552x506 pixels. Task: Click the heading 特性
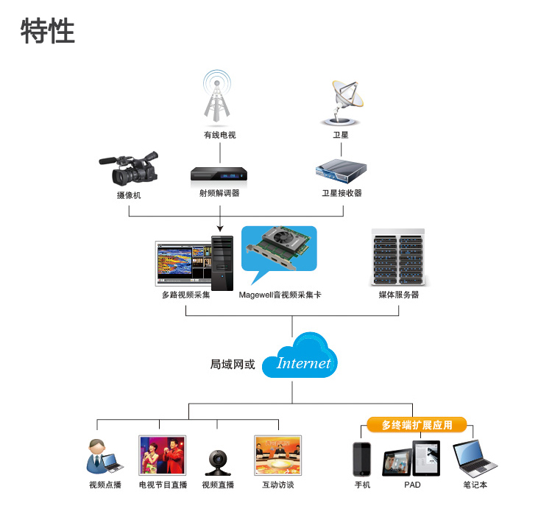click(48, 31)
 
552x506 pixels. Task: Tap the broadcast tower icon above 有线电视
click(217, 96)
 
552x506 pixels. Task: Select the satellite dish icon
click(342, 103)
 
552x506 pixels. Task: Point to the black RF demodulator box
click(219, 174)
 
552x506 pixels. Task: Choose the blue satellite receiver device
click(341, 171)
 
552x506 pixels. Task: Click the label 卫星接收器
click(342, 193)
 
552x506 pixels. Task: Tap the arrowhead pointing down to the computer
click(220, 228)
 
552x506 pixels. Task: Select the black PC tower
click(222, 263)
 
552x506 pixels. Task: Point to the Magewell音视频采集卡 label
click(280, 295)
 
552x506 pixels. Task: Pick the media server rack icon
click(398, 256)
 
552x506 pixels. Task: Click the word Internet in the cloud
click(303, 363)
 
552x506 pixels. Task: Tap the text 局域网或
click(233, 365)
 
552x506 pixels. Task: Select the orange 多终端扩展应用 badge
click(417, 425)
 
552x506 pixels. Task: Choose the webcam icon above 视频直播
click(218, 463)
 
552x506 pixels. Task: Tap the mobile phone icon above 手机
click(362, 460)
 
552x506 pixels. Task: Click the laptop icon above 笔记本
click(475, 458)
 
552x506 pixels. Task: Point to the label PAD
click(412, 485)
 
